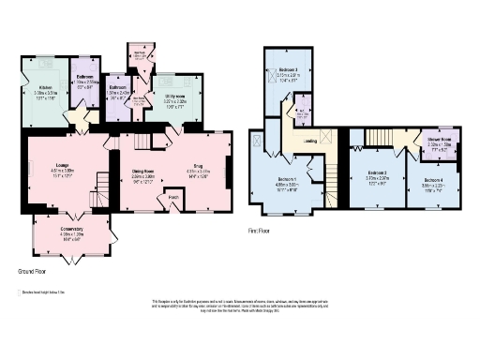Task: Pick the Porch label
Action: (173, 198)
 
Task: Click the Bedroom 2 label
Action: (377, 172)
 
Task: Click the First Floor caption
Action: (260, 229)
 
